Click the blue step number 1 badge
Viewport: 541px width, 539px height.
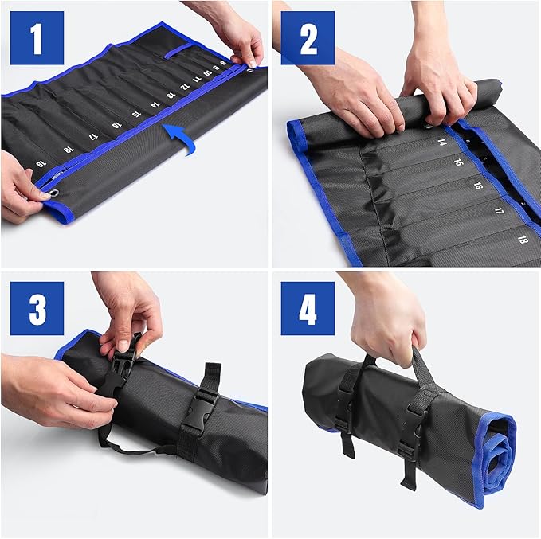[x=37, y=37]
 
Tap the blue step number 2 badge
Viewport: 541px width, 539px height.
[x=308, y=37]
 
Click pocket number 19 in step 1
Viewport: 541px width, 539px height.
[x=40, y=164]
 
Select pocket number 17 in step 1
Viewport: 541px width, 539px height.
[x=93, y=136]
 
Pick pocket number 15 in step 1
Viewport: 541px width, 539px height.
[x=135, y=115]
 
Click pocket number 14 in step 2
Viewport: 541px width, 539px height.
[x=441, y=143]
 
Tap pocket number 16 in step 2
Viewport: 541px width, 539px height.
[x=477, y=186]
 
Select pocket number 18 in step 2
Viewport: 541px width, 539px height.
[x=523, y=238]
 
